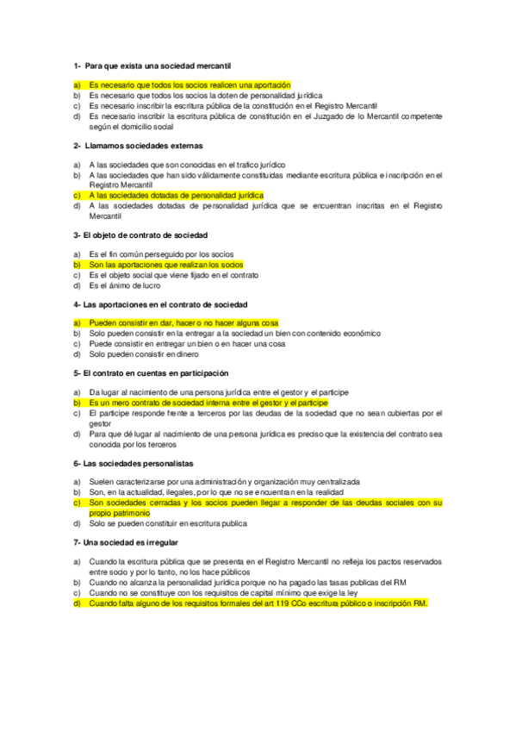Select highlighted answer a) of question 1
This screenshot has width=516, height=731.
click(x=190, y=84)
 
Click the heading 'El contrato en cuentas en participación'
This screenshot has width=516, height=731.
click(x=155, y=373)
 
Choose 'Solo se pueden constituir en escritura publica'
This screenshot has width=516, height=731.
click(x=168, y=523)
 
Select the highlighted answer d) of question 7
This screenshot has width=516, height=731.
click(x=258, y=603)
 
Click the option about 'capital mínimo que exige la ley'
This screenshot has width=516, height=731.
click(x=223, y=593)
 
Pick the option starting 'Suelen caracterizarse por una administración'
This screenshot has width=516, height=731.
click(x=224, y=481)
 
